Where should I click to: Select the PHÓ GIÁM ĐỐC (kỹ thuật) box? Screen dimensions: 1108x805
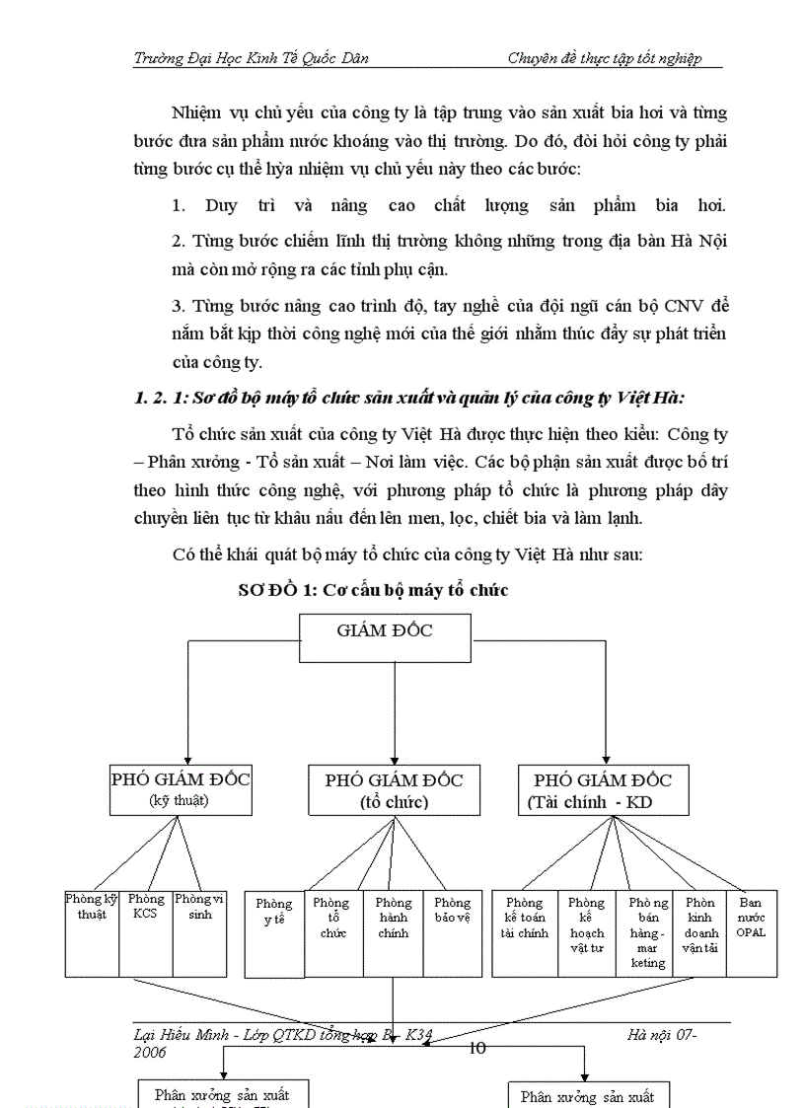pos(180,788)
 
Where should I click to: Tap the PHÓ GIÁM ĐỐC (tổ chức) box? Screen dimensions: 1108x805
pos(394,789)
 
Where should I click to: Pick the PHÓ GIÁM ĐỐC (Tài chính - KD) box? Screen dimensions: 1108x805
pos(603,789)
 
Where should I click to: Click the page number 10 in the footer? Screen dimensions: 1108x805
pos(476,1048)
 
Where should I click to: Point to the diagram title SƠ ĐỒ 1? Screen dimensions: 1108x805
pos(373,590)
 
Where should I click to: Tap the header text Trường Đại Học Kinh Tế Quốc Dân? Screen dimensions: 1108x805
pos(252,58)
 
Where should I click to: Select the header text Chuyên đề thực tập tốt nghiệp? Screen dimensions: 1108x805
pos(604,58)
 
